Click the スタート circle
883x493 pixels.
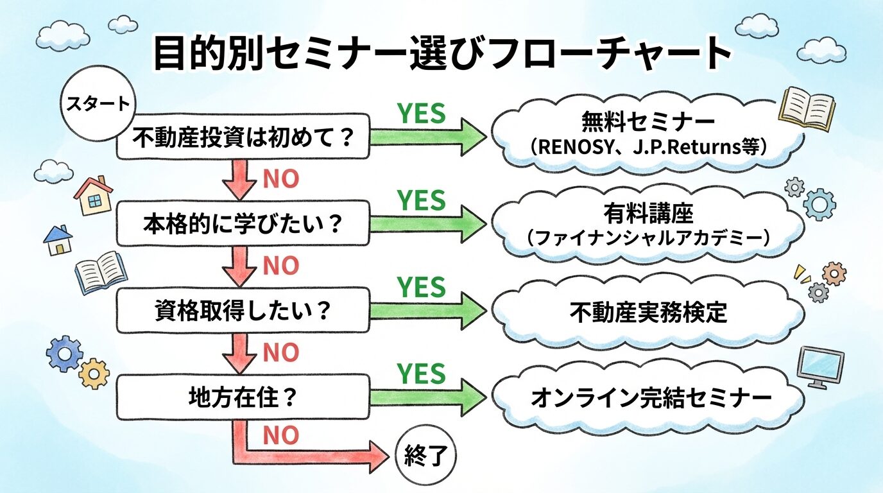(96, 105)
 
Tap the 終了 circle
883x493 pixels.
(425, 458)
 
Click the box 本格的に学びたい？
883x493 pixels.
(243, 226)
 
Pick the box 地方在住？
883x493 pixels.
(243, 399)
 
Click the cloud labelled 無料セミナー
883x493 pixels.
(648, 133)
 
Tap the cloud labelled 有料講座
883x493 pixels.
(648, 223)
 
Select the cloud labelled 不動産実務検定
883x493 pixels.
(648, 313)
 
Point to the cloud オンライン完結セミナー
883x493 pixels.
(648, 399)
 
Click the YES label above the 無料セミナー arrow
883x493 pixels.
(421, 114)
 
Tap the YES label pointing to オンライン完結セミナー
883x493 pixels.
(421, 374)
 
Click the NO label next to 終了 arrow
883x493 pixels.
(281, 436)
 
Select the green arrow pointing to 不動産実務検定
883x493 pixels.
(427, 312)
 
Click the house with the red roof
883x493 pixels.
(94, 195)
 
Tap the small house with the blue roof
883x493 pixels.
(58, 241)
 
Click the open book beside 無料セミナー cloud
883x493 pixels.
(807, 108)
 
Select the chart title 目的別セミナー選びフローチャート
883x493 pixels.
(442, 54)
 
